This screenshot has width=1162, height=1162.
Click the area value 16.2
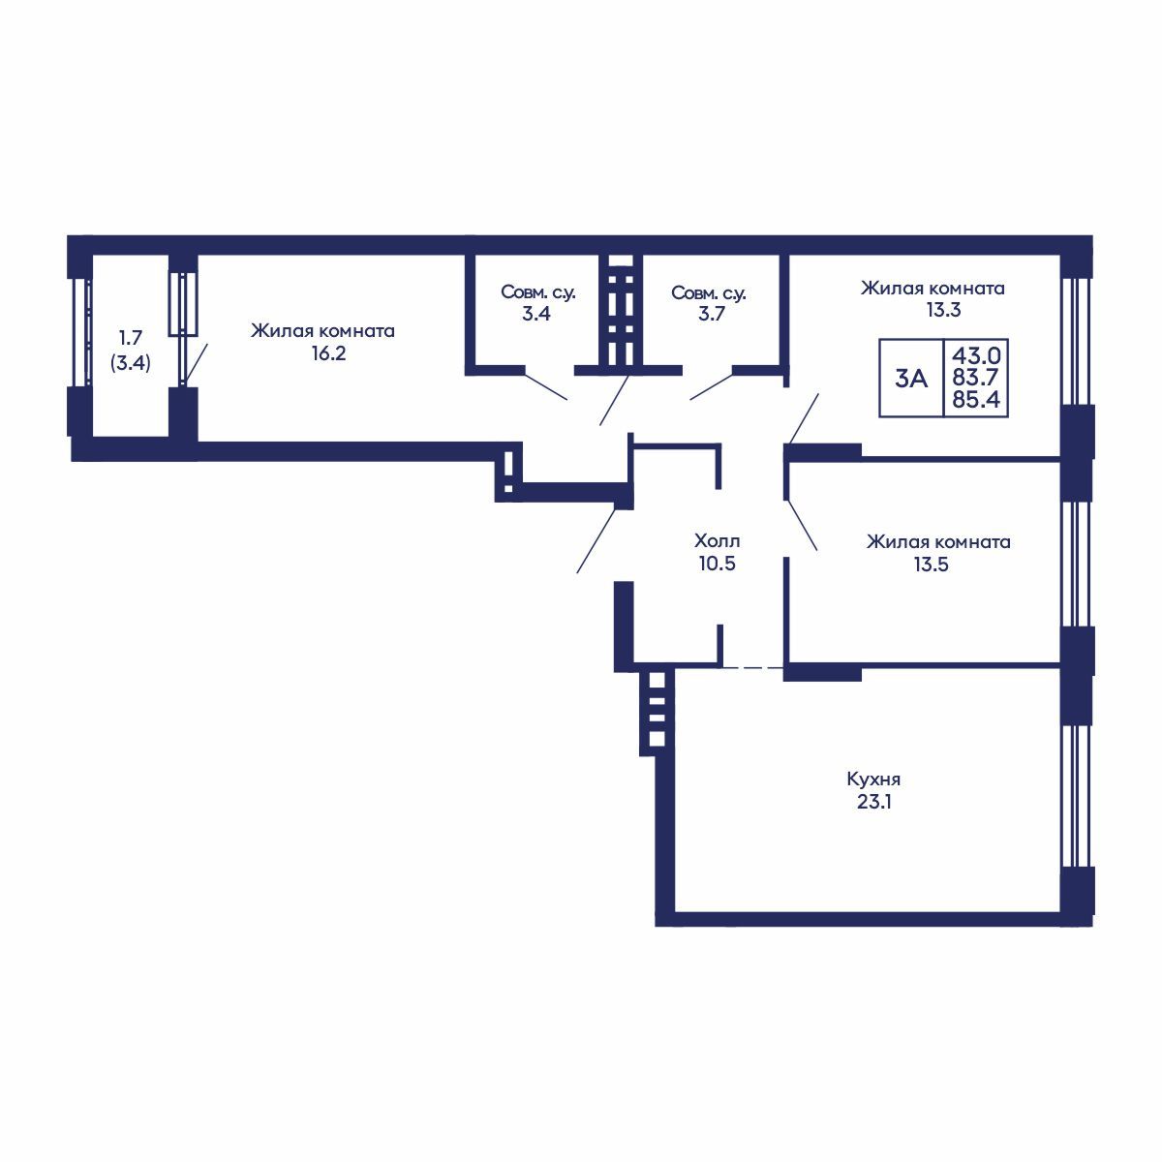pyautogui.click(x=328, y=353)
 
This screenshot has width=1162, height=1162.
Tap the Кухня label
pyautogui.click(x=873, y=780)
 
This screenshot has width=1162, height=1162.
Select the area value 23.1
pyautogui.click(x=873, y=803)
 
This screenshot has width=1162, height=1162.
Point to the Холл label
pyautogui.click(x=717, y=539)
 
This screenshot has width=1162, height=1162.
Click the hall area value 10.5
pyautogui.click(x=717, y=564)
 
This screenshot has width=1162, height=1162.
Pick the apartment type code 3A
pyautogui.click(x=910, y=379)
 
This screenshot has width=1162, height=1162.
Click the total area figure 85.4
pyautogui.click(x=976, y=399)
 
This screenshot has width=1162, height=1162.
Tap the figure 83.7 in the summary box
pyautogui.click(x=976, y=377)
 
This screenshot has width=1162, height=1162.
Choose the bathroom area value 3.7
pyautogui.click(x=711, y=314)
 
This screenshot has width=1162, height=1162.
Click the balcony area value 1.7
pyautogui.click(x=130, y=337)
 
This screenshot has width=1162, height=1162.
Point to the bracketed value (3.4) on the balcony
pyautogui.click(x=131, y=364)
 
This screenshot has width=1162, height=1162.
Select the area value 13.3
pyautogui.click(x=944, y=310)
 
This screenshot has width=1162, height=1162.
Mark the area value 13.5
pyautogui.click(x=932, y=565)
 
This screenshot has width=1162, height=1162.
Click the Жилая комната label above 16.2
pyautogui.click(x=323, y=331)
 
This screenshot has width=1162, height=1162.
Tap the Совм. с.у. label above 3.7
pyautogui.click(x=709, y=293)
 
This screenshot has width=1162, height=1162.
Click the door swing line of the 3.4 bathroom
pyautogui.click(x=546, y=387)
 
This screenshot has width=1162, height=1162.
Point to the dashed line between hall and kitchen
pyautogui.click(x=753, y=667)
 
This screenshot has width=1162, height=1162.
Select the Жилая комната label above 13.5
pyautogui.click(x=938, y=541)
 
